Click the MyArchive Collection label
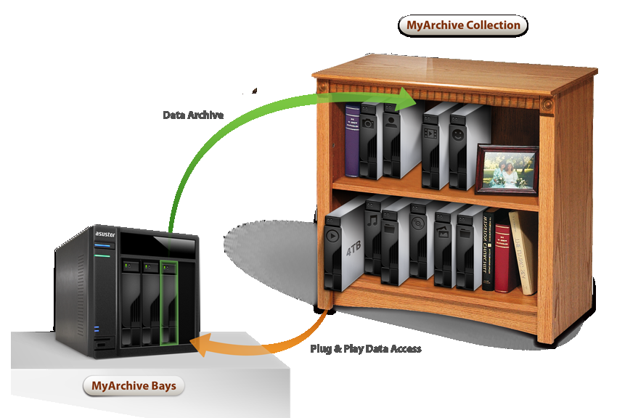pos(462,25)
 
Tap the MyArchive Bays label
pos(134,386)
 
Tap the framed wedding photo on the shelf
pos(507,171)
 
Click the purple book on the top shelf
pos(352,141)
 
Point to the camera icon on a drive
pos(367,123)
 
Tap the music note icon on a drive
pos(372,219)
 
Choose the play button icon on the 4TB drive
pos(333,236)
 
